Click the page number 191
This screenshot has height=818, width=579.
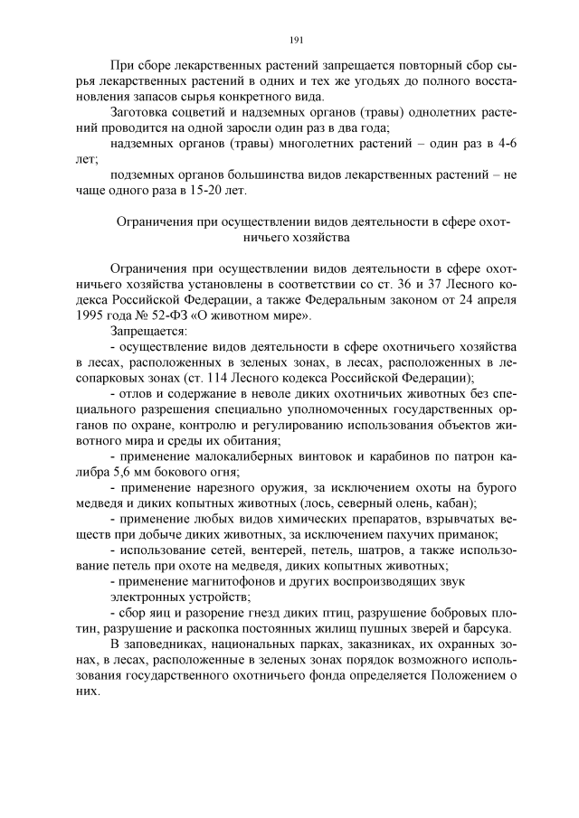coord(296,39)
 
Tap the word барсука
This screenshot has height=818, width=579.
coord(488,629)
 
